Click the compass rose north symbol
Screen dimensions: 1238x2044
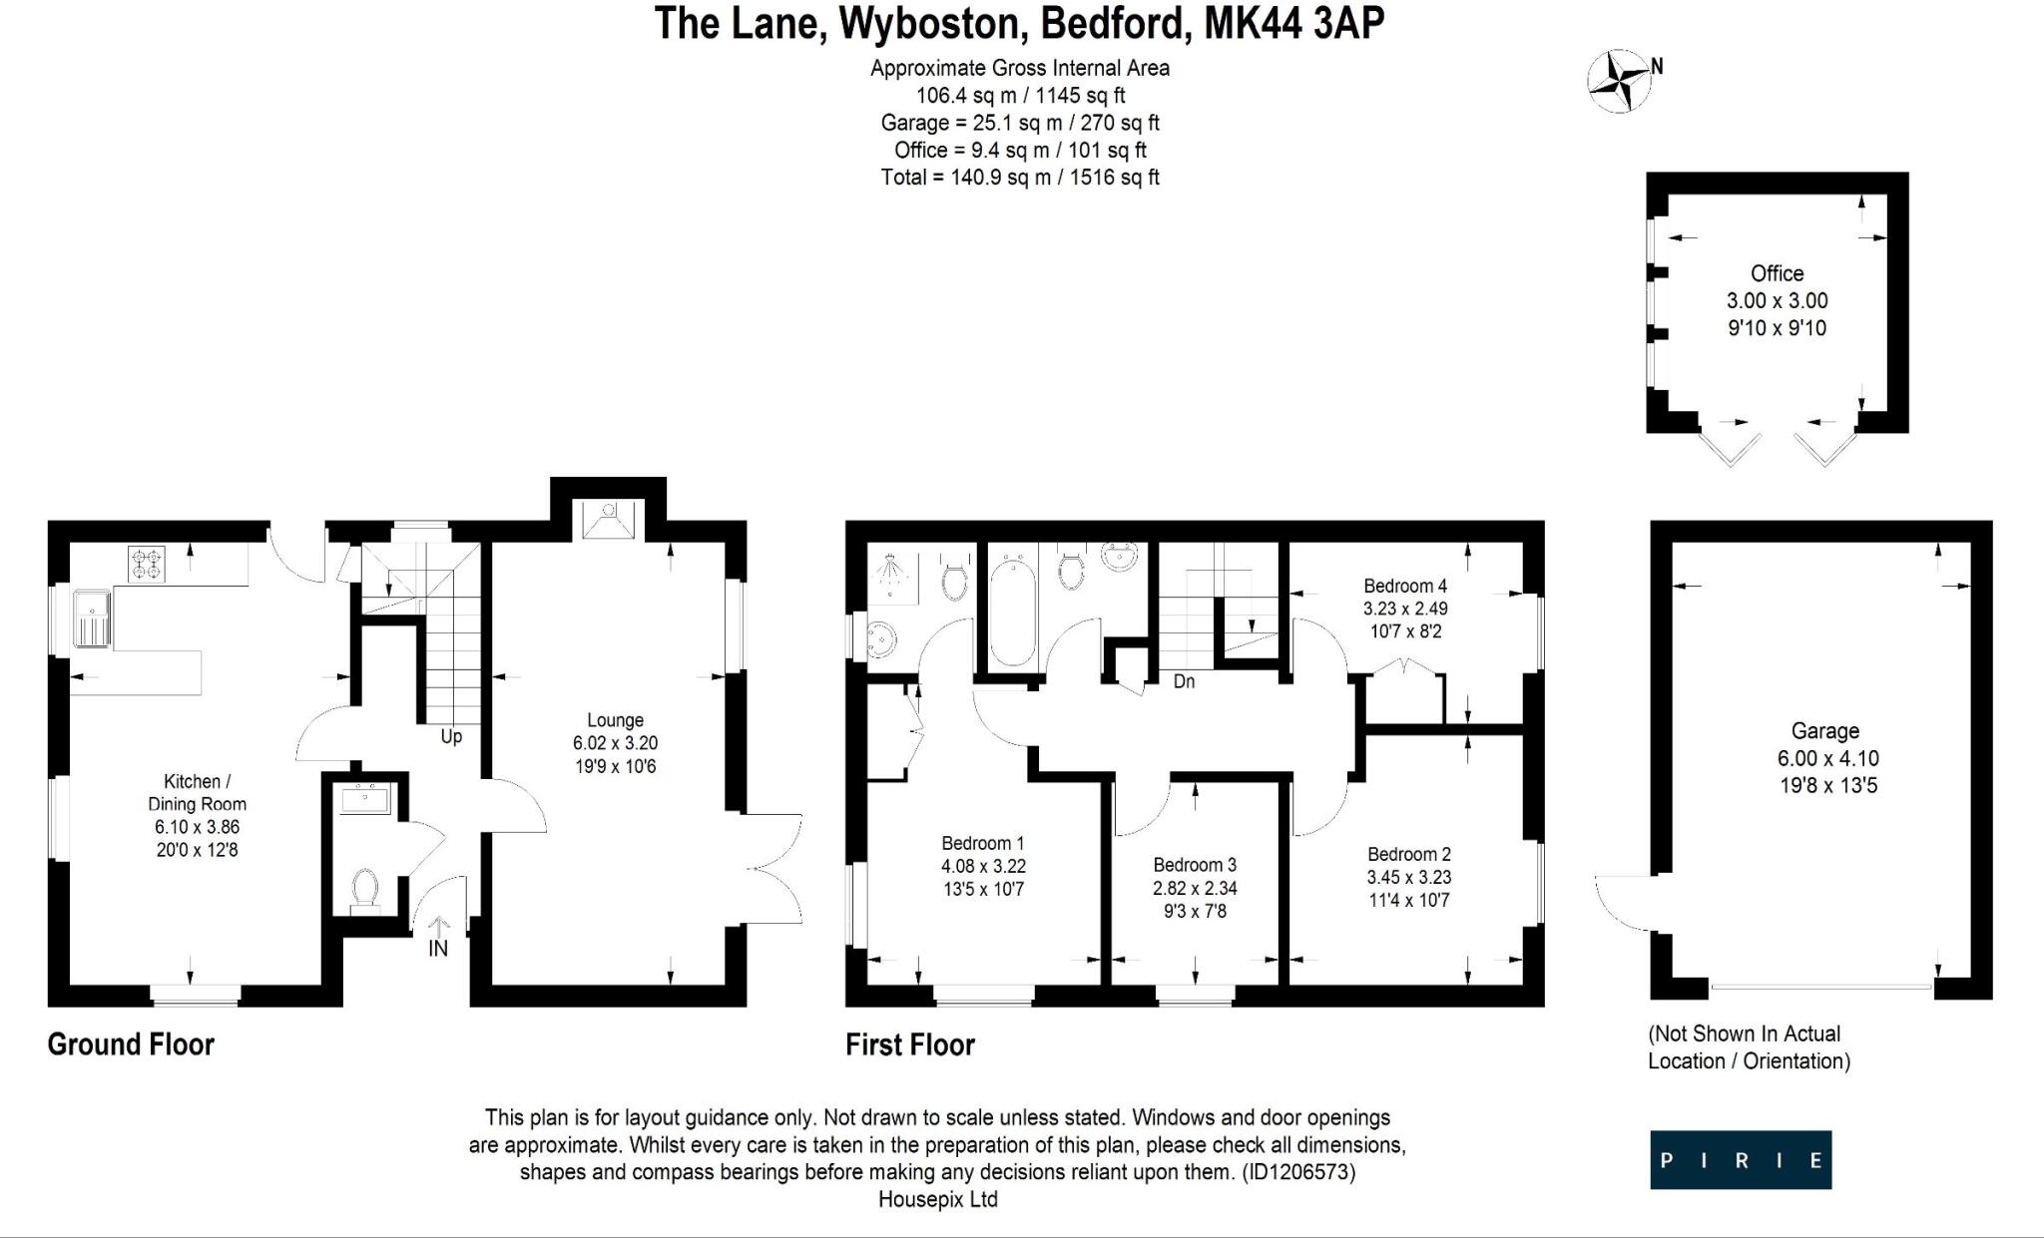point(1619,81)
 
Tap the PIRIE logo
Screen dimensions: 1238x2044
point(1741,1159)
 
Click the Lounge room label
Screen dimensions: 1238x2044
point(615,720)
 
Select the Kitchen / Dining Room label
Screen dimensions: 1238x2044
point(197,792)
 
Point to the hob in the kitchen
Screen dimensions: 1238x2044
point(147,565)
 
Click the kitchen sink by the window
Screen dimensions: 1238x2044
point(92,618)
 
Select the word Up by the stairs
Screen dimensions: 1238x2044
point(451,737)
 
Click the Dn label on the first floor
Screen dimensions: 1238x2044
point(1184,681)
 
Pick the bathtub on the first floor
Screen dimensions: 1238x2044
point(1012,613)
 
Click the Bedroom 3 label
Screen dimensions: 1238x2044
point(1195,865)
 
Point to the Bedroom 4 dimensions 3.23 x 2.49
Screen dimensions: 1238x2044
point(1405,609)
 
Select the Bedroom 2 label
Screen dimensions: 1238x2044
point(1408,854)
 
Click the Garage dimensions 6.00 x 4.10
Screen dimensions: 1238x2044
point(1827,758)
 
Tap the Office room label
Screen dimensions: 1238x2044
point(1777,273)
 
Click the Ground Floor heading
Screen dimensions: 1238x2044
point(131,1044)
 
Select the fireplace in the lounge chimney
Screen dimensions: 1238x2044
point(608,520)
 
